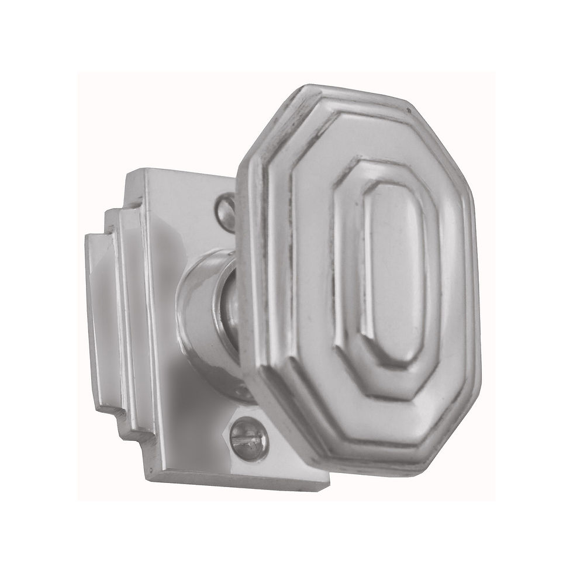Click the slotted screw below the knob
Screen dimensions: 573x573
[x=248, y=433]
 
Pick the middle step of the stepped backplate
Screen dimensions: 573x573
[x=120, y=327]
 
